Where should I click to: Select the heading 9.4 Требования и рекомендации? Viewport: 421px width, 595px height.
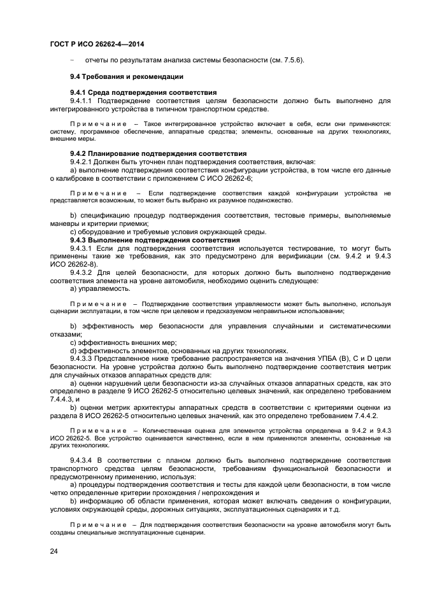click(x=126, y=76)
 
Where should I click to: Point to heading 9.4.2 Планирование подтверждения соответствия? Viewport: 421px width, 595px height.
click(x=157, y=153)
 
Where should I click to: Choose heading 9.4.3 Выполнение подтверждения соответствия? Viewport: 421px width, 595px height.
click(x=154, y=240)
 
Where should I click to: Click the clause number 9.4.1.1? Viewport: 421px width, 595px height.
click(x=83, y=101)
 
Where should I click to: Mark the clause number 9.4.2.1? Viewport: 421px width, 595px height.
click(x=83, y=162)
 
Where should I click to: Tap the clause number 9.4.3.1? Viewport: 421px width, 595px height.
click(x=83, y=248)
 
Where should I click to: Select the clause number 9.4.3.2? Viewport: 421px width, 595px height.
click(x=83, y=272)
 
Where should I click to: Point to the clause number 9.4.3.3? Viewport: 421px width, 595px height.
click(x=83, y=358)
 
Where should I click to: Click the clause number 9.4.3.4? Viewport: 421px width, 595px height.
click(x=83, y=459)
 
